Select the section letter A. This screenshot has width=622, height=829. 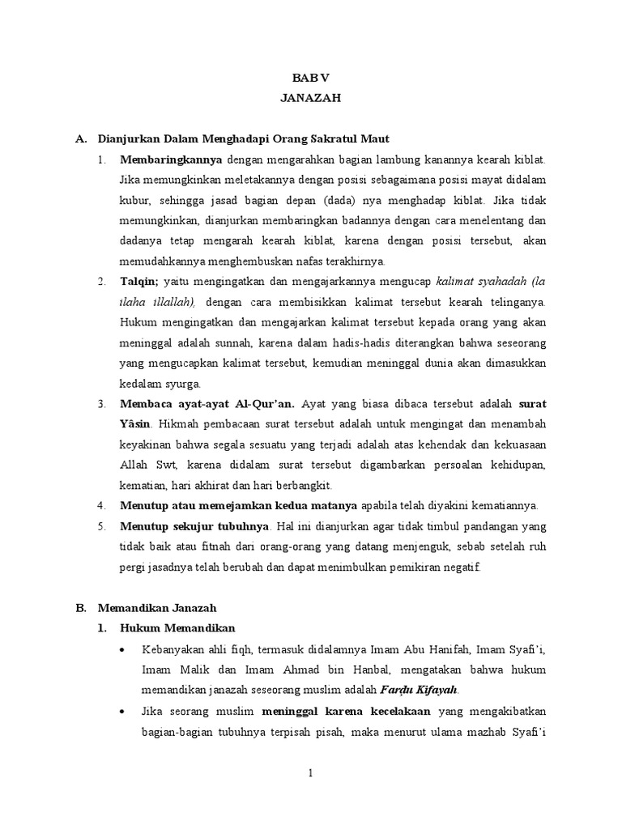coord(79,139)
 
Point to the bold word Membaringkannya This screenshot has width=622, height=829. coord(171,159)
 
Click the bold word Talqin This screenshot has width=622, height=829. coord(138,281)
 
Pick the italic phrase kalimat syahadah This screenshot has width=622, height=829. coord(483,281)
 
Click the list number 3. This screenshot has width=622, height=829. coord(101,403)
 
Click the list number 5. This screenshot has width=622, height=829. coord(101,525)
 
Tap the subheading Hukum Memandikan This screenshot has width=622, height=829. coord(177,627)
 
